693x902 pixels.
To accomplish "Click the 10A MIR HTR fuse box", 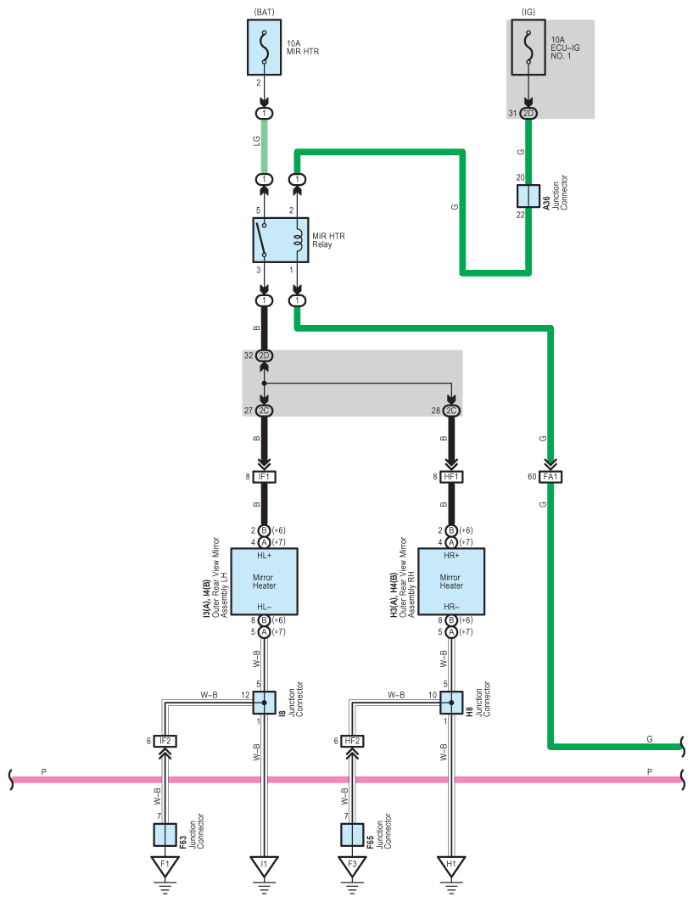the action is (x=264, y=48).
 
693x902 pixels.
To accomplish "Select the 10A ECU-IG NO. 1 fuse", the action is (x=528, y=48).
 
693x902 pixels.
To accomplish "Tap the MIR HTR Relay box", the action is (x=281, y=240).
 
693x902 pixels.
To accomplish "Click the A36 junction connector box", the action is (x=528, y=196).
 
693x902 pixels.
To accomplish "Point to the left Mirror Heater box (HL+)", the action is (x=264, y=581).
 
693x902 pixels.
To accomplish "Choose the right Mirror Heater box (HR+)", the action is (x=451, y=581).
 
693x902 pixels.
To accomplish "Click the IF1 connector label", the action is (x=264, y=477).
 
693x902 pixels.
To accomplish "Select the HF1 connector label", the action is (x=451, y=477).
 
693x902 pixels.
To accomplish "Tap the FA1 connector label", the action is (x=550, y=477).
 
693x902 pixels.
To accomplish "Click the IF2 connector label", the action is (x=165, y=741).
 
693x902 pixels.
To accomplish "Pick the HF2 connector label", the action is (x=352, y=741).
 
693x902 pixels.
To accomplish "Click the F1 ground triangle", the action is (x=165, y=866).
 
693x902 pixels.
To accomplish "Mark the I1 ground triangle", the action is (x=264, y=866).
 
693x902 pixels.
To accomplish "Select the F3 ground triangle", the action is (x=352, y=866).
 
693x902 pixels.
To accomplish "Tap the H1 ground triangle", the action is (x=451, y=866).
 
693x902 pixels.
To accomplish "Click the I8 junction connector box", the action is (x=264, y=703).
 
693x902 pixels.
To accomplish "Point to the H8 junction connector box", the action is (x=451, y=703).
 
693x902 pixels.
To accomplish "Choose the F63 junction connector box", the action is (x=165, y=835).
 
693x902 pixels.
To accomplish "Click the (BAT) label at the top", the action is (x=264, y=12).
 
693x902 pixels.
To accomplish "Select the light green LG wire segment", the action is (x=265, y=146).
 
